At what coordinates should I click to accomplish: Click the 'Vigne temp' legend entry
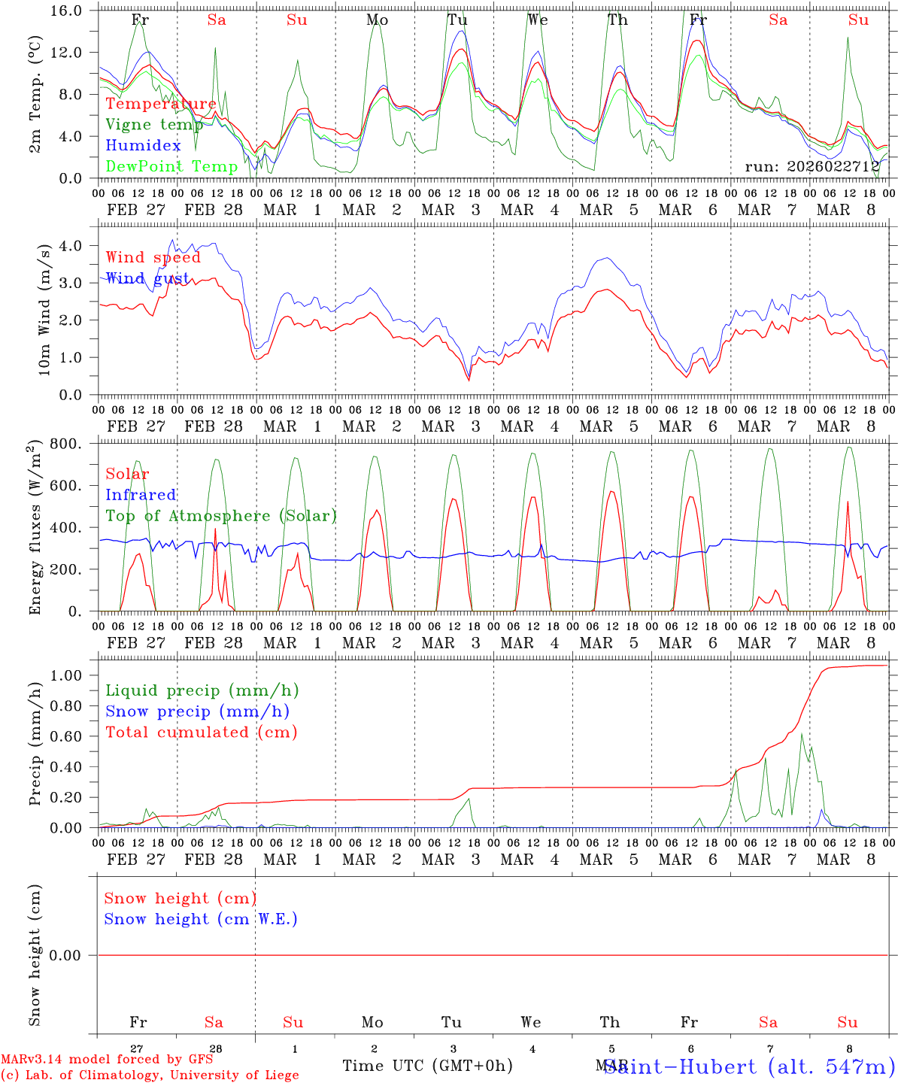point(154,125)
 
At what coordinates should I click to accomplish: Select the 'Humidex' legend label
point(143,146)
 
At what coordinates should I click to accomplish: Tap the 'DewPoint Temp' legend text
point(171,166)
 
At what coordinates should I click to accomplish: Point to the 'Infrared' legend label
point(141,495)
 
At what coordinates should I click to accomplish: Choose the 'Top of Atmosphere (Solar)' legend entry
point(221,516)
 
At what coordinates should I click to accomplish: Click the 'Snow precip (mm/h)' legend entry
point(197,711)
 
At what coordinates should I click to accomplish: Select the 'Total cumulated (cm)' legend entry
point(201,732)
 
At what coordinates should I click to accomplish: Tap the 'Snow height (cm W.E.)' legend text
point(201,919)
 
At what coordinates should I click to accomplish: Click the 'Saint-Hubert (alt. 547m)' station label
point(749,1066)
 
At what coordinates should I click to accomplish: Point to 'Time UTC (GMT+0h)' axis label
point(427,1066)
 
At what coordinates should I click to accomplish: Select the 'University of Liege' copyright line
point(150,1075)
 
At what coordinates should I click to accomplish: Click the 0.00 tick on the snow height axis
point(72,955)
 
